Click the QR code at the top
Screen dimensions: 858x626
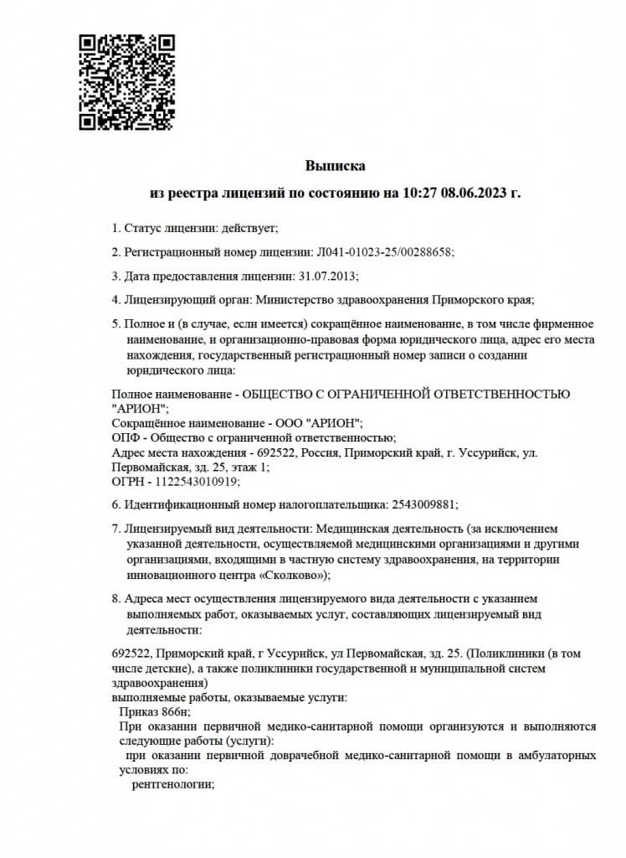tap(126, 82)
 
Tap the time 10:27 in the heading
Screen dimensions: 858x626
tap(419, 194)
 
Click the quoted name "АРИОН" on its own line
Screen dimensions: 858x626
tap(138, 408)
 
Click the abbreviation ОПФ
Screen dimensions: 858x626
tap(126, 437)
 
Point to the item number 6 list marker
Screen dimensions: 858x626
tap(115, 504)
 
